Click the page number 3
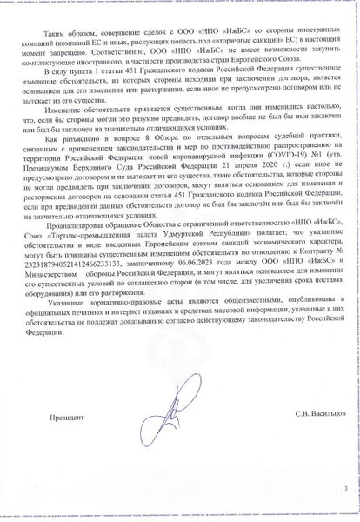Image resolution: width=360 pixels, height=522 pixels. (x=345, y=489)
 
